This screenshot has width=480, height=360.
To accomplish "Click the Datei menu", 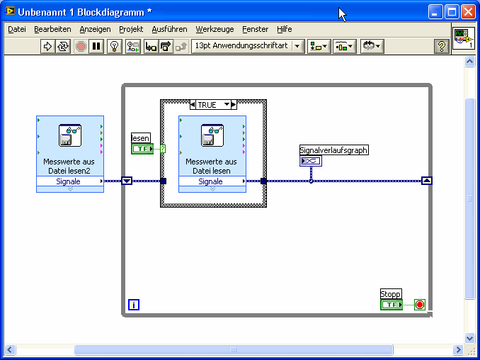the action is click(x=17, y=30).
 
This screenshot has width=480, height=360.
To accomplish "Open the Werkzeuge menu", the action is click(x=215, y=30).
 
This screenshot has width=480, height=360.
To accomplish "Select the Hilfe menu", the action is click(x=284, y=30).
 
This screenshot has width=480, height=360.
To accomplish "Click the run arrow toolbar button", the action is click(x=47, y=47).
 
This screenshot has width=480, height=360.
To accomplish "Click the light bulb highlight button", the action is click(x=115, y=47).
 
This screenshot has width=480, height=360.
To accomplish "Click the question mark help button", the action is click(x=442, y=47).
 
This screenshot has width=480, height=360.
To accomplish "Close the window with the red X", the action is click(x=468, y=12).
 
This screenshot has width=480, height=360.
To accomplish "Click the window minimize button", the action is click(x=435, y=12).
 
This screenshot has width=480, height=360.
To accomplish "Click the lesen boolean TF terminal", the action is click(x=142, y=149).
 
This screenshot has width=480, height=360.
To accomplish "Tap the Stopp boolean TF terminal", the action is click(x=392, y=305).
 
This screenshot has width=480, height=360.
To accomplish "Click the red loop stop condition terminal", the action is click(x=420, y=305).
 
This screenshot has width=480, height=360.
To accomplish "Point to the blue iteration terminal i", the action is click(x=134, y=305).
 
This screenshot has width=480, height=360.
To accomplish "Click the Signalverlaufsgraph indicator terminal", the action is click(x=311, y=161).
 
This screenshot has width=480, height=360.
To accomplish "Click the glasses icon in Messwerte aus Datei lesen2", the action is click(x=70, y=135).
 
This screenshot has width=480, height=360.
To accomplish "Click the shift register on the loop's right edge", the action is click(x=427, y=181).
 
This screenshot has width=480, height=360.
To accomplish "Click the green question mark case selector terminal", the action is click(x=163, y=149).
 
